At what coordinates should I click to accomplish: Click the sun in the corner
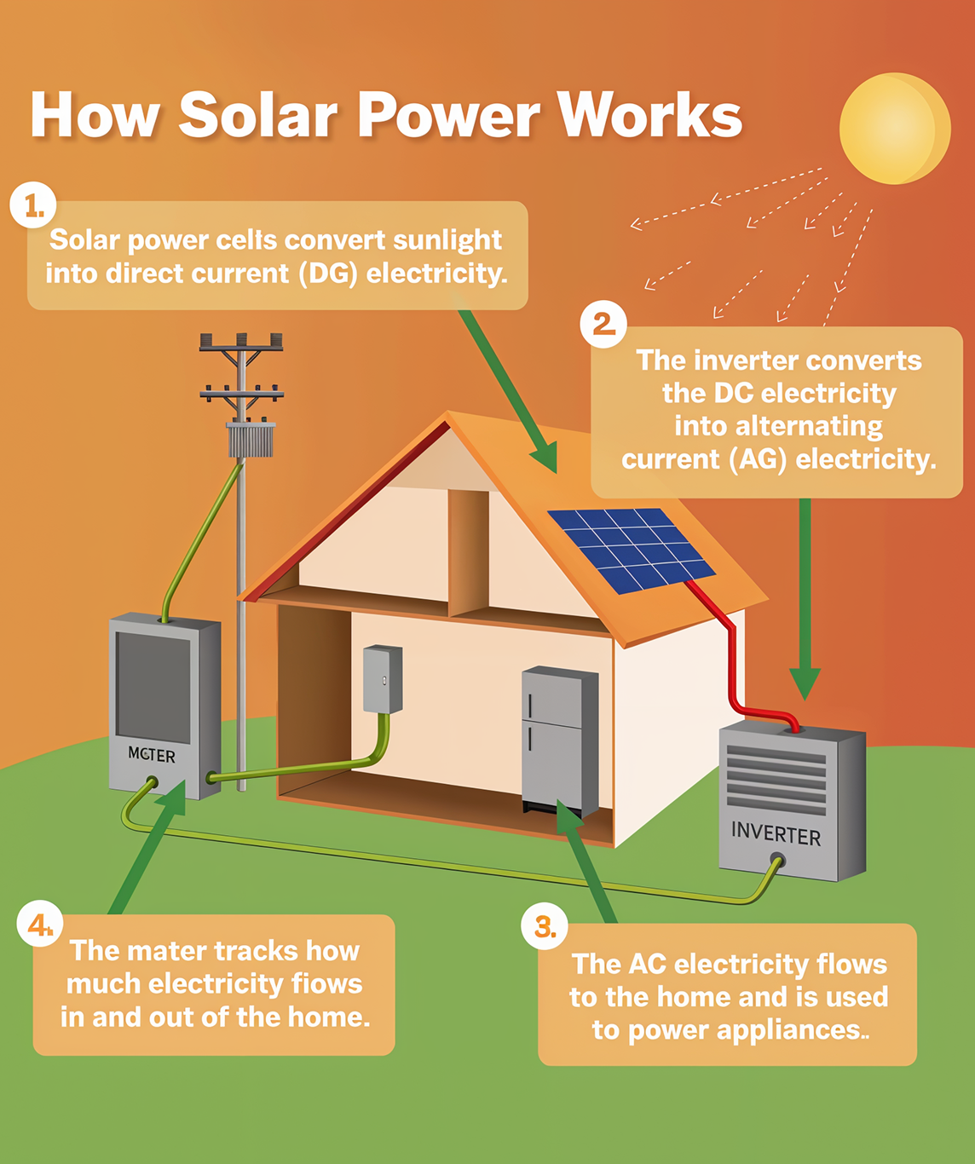tap(894, 128)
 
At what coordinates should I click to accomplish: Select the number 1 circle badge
tap(33, 205)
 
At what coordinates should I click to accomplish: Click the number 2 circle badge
tap(603, 324)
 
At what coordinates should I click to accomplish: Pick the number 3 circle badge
tap(545, 926)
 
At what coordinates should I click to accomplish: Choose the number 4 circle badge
tap(40, 925)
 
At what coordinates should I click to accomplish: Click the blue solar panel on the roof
tap(632, 550)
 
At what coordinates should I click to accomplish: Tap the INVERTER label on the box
tap(776, 833)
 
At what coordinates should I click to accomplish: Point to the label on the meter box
tap(152, 755)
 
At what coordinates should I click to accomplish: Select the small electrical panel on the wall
tap(383, 679)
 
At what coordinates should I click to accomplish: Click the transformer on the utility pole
tap(251, 440)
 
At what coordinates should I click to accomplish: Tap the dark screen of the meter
tap(153, 687)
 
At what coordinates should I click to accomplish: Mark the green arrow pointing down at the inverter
tap(805, 596)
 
